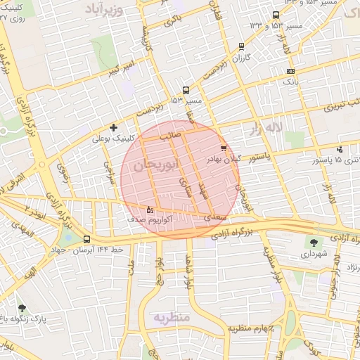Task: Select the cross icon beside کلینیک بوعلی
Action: (113, 127)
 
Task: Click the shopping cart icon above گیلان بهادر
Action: (224, 148)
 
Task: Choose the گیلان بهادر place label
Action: (223, 160)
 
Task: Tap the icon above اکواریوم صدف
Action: (149, 209)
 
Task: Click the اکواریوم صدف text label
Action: (148, 219)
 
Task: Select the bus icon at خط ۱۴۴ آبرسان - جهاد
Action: (86, 239)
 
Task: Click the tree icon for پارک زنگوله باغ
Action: (22, 307)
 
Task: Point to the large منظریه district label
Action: (172, 317)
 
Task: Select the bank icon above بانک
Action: (291, 71)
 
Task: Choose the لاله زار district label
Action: (265, 127)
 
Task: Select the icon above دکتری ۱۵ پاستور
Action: (340, 149)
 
